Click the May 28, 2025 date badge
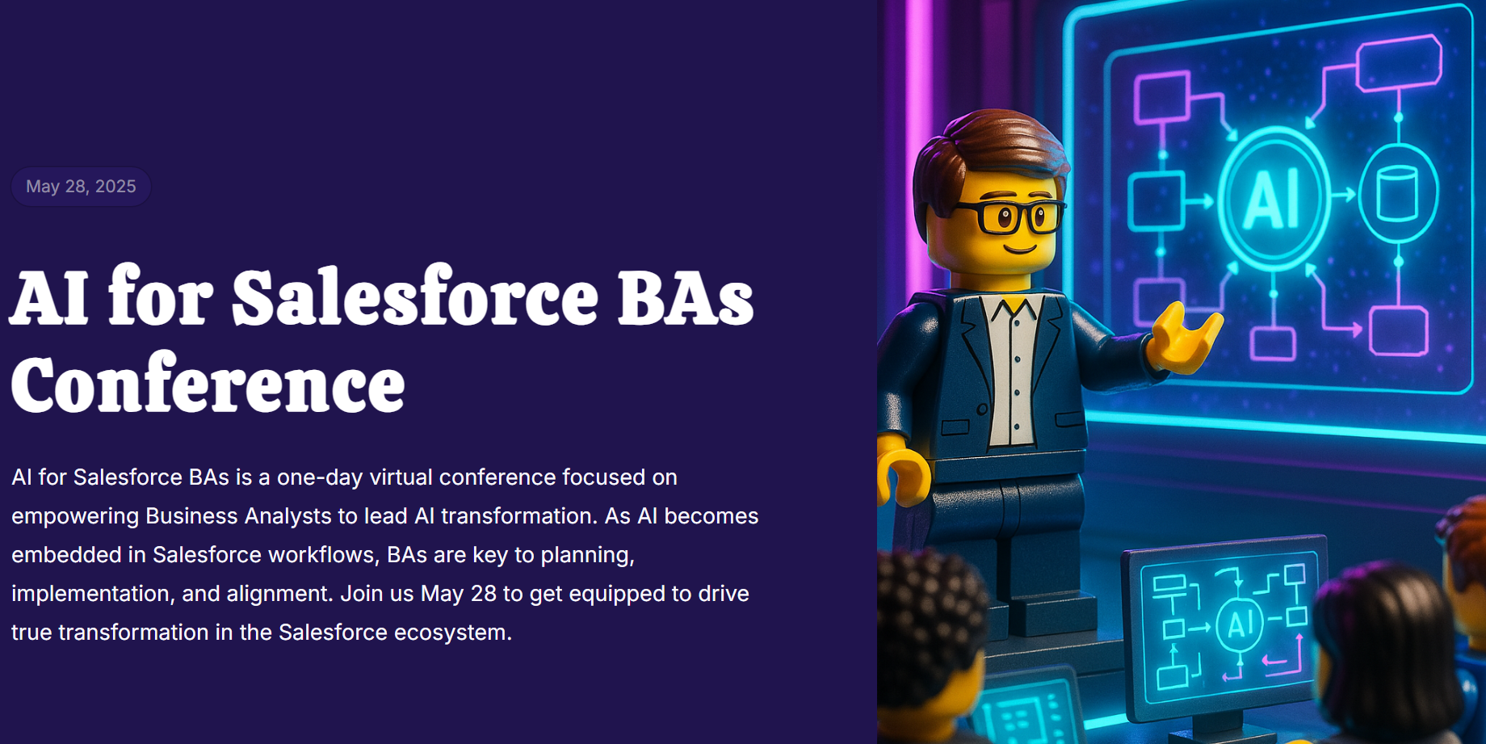pyautogui.click(x=81, y=187)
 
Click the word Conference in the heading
pyautogui.click(x=208, y=384)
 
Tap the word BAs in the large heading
pyautogui.click(x=686, y=297)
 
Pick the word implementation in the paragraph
pyautogui.click(x=88, y=594)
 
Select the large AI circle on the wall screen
pyautogui.click(x=1272, y=198)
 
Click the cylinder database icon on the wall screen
pyautogui.click(x=1397, y=194)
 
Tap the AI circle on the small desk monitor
pyautogui.click(x=1239, y=624)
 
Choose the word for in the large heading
pyautogui.click(x=160, y=297)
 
